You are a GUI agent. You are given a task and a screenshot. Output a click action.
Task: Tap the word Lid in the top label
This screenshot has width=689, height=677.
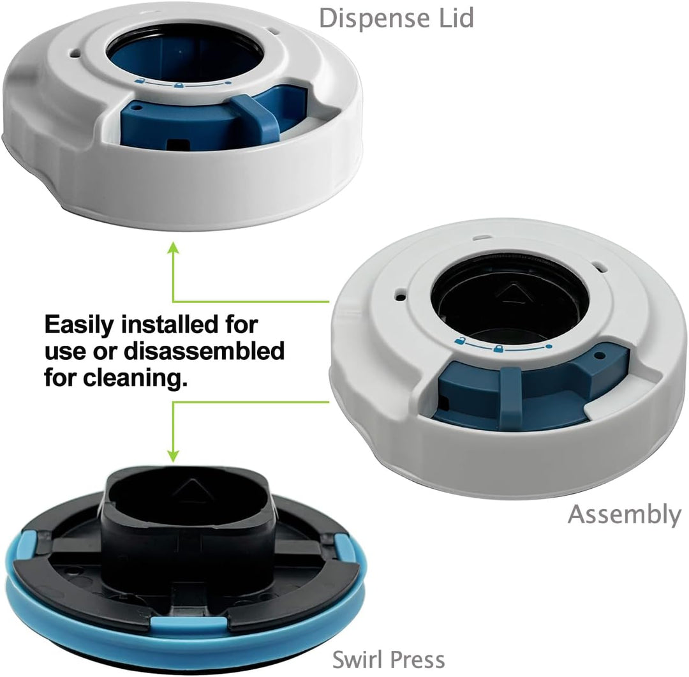[x=457, y=18]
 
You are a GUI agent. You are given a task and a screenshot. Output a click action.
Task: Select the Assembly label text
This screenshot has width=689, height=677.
[x=624, y=515]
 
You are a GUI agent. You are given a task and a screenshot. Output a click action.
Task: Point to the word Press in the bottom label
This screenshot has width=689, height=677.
[x=417, y=659]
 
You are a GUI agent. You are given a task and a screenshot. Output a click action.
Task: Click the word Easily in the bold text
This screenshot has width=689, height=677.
[x=79, y=326]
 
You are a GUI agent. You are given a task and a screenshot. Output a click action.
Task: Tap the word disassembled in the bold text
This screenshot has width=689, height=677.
[x=204, y=351]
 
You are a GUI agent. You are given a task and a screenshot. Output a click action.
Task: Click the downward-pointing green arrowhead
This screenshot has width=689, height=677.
[x=174, y=455]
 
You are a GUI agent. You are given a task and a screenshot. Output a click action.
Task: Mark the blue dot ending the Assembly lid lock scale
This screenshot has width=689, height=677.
[x=549, y=347]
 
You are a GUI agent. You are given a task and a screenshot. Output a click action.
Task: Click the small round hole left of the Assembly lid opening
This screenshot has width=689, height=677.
[x=400, y=297]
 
